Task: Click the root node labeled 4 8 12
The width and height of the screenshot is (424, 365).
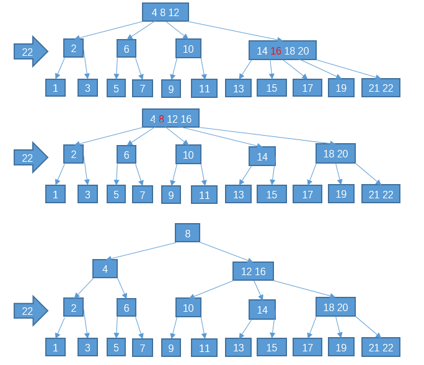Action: coord(165,12)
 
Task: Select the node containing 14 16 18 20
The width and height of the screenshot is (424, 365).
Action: coord(283,51)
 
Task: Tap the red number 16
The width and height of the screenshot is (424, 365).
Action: coord(276,51)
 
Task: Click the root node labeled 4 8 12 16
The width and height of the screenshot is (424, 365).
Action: coord(170,118)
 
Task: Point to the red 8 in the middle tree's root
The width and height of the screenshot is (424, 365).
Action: coord(161,118)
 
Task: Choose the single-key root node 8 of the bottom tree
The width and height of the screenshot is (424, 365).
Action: coord(187,233)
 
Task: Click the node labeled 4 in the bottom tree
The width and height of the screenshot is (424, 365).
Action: coord(105,268)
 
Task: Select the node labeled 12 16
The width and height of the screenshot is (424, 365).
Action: coord(253,271)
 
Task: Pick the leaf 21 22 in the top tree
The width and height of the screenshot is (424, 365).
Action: coord(381,88)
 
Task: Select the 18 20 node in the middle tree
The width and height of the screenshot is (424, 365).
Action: coord(335,154)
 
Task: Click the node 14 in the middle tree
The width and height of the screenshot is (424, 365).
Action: coord(262,156)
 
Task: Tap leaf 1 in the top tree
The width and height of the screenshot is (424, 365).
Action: coord(55,88)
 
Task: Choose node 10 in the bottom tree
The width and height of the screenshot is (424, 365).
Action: coord(188,307)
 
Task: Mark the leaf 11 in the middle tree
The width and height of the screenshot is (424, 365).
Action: coord(204,195)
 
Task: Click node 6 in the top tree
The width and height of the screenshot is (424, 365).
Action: coord(126,48)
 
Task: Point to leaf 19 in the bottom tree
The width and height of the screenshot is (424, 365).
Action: coord(341,347)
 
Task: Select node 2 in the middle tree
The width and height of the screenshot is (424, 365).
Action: coord(73,154)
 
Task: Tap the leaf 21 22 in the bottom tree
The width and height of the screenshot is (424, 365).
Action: coord(381,347)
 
